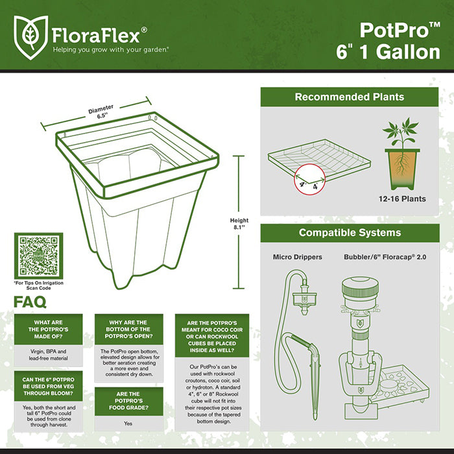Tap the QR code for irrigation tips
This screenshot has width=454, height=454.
click(38, 256)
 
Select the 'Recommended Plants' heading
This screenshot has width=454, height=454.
click(350, 97)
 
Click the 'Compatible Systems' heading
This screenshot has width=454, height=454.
click(350, 232)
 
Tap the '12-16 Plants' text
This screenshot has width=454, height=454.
click(402, 198)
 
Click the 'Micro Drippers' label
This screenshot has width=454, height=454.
click(297, 257)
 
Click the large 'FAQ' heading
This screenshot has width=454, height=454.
click(30, 302)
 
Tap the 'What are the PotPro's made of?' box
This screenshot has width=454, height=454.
click(48, 327)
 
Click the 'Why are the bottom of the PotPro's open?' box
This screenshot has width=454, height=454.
click(128, 331)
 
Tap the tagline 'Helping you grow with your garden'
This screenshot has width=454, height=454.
click(111, 49)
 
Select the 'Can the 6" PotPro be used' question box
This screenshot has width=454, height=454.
click(48, 387)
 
